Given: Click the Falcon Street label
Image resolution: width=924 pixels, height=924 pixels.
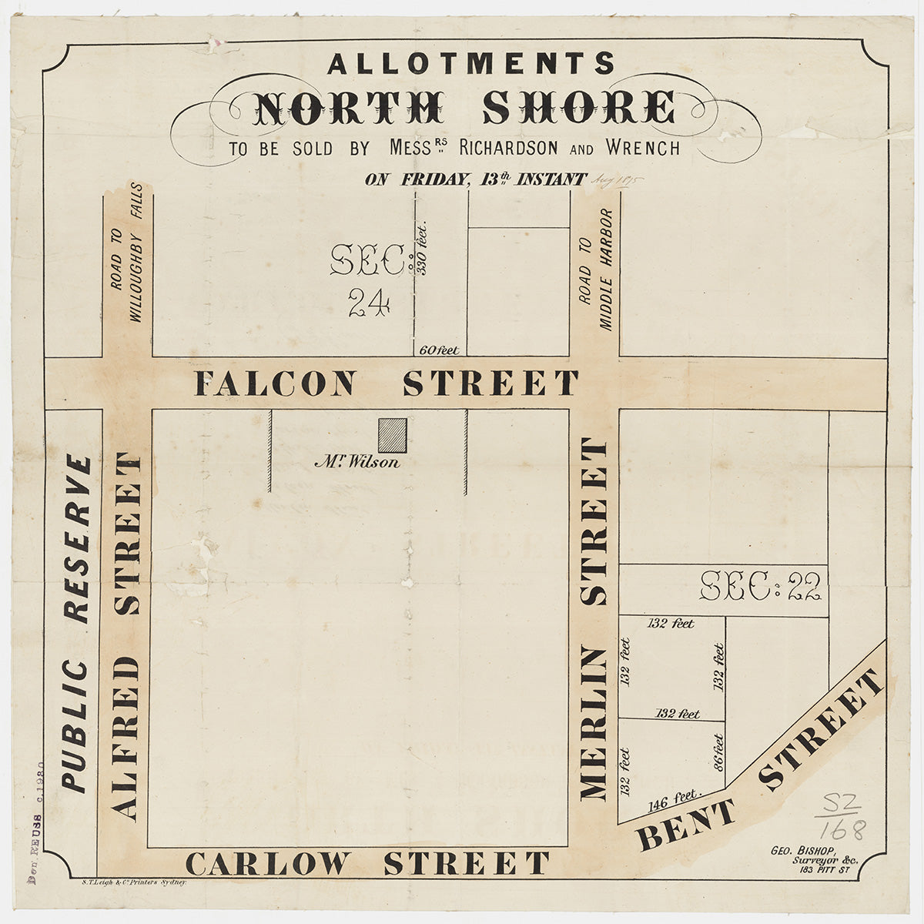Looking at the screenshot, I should tap(386, 383).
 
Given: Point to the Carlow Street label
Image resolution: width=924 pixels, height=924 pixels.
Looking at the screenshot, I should tap(368, 863).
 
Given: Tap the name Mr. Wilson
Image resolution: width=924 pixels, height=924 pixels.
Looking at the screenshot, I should tap(357, 463).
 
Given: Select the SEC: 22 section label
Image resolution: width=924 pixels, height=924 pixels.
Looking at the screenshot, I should tap(761, 588).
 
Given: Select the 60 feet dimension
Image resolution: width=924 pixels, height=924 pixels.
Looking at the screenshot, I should tap(439, 350).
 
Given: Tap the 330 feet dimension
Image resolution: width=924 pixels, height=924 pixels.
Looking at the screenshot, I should tap(421, 249).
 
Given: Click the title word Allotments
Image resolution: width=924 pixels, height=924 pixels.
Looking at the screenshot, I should tap(470, 63).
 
